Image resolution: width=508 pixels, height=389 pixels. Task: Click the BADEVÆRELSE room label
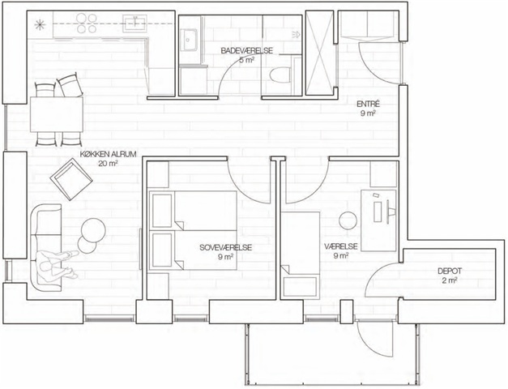click(246, 50)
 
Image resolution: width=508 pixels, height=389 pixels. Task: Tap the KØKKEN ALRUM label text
click(109, 154)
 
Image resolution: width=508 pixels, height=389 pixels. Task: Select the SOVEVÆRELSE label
click(226, 248)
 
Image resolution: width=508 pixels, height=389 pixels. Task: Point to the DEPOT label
click(450, 271)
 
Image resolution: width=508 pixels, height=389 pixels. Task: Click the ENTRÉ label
click(368, 104)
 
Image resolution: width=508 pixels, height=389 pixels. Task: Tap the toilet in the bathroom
click(280, 75)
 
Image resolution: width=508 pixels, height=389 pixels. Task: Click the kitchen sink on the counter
click(134, 24)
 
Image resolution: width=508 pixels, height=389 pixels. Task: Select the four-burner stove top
click(87, 24)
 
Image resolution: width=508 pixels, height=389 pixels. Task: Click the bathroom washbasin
click(189, 40)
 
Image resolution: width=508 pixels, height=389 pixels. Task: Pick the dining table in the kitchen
click(57, 114)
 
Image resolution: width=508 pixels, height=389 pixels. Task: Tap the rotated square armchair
click(71, 179)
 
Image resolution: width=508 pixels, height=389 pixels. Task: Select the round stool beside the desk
click(348, 220)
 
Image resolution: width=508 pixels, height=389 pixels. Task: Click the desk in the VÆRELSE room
click(378, 220)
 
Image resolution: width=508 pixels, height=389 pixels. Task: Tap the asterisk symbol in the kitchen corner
click(39, 24)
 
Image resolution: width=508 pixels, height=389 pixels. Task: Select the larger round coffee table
click(93, 230)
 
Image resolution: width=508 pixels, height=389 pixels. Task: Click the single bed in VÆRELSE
click(300, 254)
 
